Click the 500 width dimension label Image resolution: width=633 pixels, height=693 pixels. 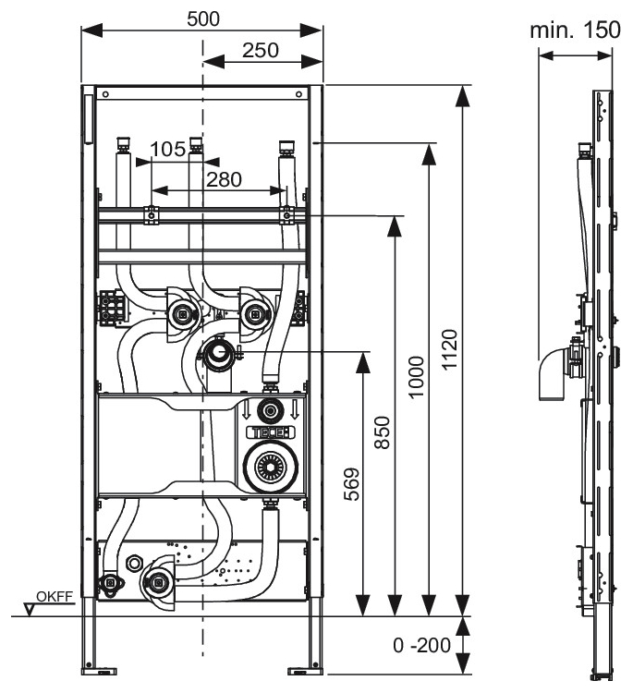tap(202, 17)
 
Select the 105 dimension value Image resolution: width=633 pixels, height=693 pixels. tap(167, 149)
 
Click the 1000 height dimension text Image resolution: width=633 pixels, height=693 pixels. tap(418, 378)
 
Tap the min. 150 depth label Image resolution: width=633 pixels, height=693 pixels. tap(575, 30)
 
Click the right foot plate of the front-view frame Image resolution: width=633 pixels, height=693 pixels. tap(305, 667)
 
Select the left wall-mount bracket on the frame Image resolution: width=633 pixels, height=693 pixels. tap(112, 308)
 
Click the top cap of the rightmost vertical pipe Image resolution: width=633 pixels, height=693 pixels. tap(286, 145)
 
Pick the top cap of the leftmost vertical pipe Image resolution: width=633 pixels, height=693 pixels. tap(121, 145)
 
